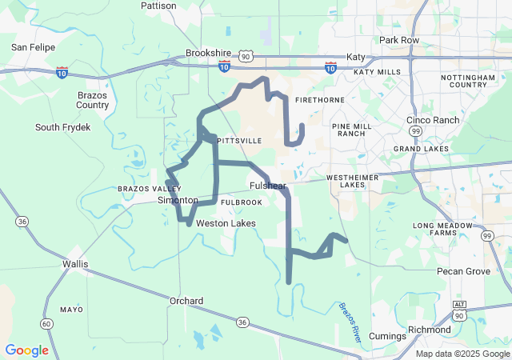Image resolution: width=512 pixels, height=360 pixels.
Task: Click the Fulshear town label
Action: (x=267, y=186)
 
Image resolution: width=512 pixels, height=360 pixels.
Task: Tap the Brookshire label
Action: (x=208, y=53)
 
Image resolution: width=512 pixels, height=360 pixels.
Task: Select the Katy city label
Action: (x=355, y=57)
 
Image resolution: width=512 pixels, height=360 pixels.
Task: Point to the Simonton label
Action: (x=177, y=200)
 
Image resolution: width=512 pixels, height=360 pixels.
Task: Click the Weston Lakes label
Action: (x=226, y=223)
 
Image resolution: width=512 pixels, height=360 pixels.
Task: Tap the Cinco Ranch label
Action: (x=433, y=120)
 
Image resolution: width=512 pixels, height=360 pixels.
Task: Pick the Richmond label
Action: (x=429, y=330)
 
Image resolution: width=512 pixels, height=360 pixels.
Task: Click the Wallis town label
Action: (x=75, y=263)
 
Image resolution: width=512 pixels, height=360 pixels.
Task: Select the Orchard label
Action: (x=186, y=301)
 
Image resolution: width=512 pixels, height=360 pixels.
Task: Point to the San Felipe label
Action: (x=33, y=47)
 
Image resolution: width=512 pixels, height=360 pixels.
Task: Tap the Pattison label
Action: (x=158, y=5)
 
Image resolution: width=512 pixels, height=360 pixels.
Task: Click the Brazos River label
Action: (x=350, y=322)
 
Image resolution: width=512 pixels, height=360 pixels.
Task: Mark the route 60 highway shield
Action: (x=48, y=323)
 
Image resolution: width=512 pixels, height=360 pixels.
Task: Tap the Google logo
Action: (x=26, y=350)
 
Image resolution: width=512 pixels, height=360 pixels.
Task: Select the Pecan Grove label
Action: (x=463, y=271)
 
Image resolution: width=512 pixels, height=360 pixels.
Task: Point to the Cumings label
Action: (x=388, y=336)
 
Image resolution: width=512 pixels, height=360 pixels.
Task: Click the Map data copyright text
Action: (x=462, y=354)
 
